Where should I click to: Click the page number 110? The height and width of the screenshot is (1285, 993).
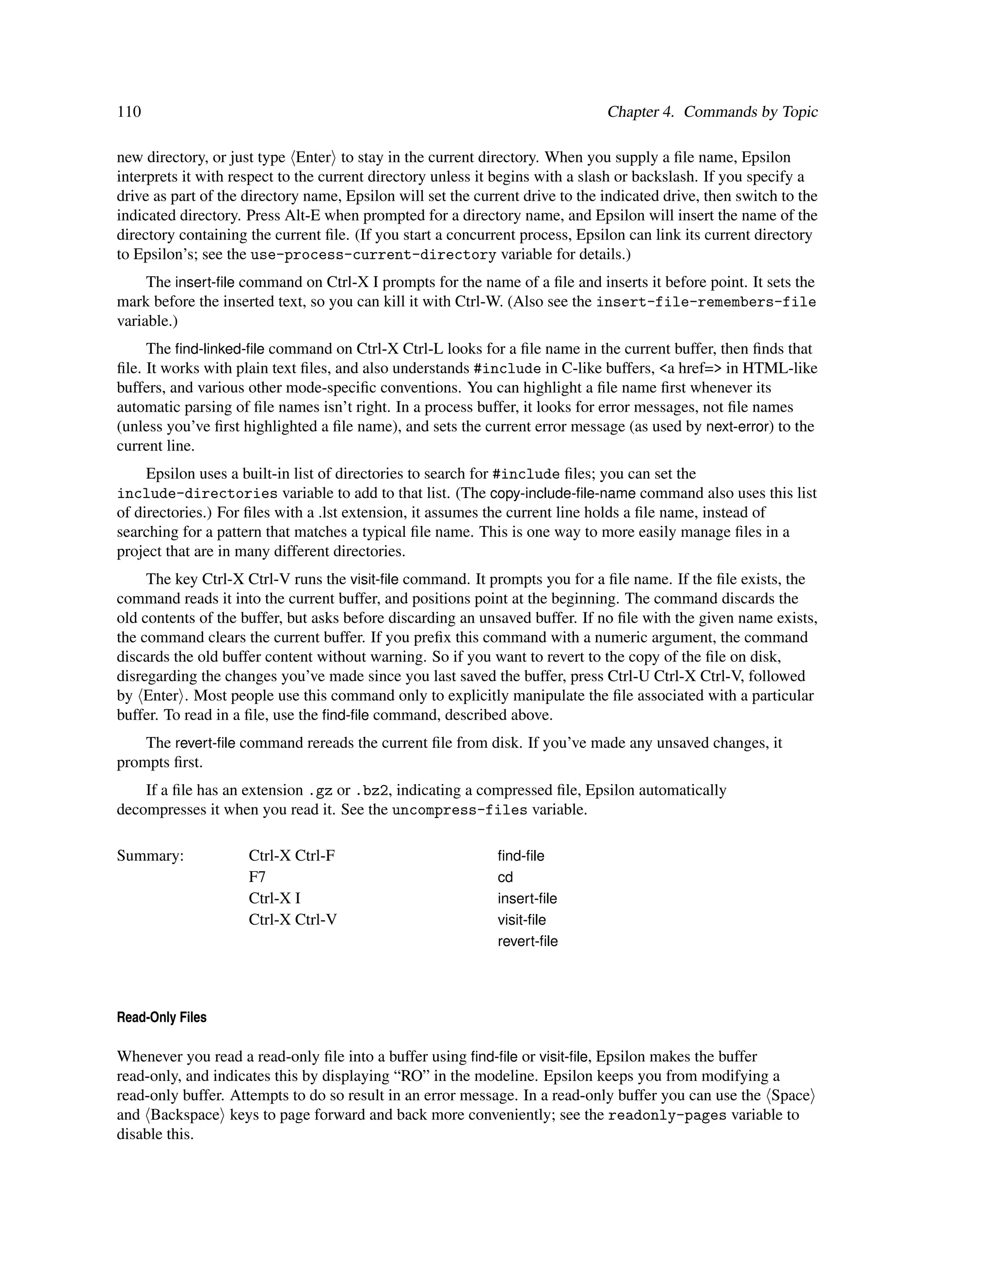(129, 112)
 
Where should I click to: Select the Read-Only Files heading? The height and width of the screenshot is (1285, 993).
(162, 1017)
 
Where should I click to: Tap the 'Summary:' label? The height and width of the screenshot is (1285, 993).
(151, 855)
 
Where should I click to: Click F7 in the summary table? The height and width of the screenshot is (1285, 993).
(257, 877)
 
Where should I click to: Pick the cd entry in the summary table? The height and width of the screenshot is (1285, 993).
(505, 877)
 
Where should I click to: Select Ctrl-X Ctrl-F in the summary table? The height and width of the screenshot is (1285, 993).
(292, 855)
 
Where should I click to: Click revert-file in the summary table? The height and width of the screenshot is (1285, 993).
(527, 941)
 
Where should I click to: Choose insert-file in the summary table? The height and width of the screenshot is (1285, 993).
(527, 899)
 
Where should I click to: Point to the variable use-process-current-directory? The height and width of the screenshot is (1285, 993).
(373, 255)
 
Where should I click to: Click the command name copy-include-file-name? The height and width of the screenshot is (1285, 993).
(596, 493)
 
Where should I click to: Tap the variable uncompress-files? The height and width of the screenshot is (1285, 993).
(460, 810)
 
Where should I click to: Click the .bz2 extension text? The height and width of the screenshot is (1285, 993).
(370, 790)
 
